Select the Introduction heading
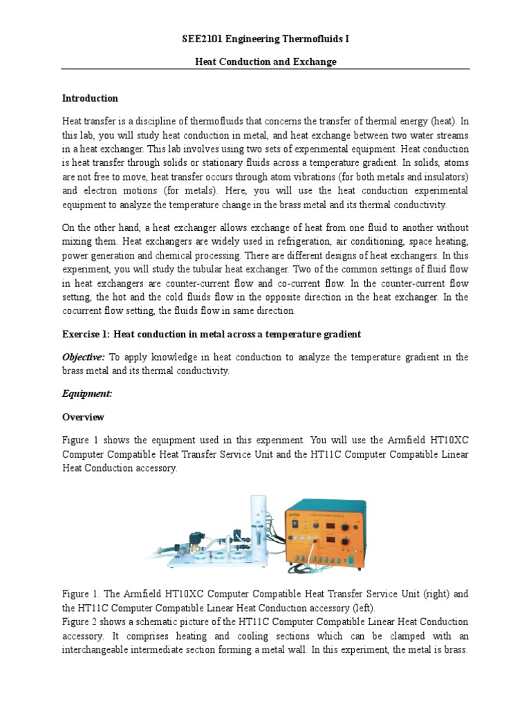90,98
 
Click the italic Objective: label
84,357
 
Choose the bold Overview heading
83,417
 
